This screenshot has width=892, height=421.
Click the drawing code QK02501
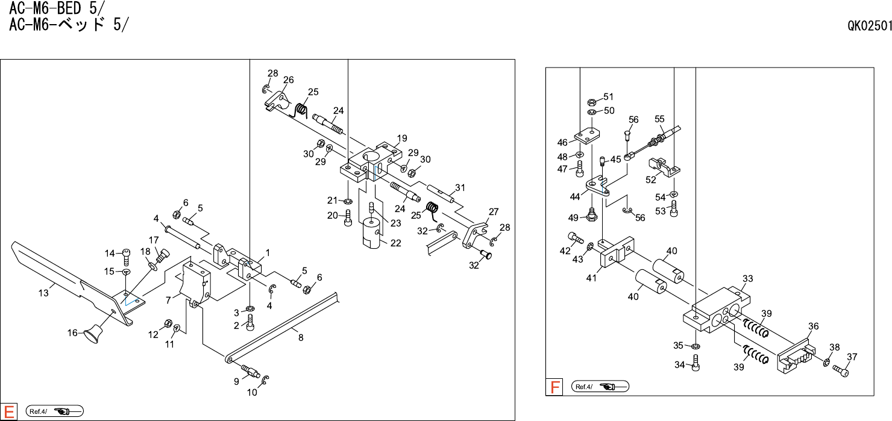tap(869, 26)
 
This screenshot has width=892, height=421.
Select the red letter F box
tap(554, 387)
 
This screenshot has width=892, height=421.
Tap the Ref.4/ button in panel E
tap(54, 411)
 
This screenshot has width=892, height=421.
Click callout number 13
tap(43, 293)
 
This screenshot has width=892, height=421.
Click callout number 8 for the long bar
tap(300, 338)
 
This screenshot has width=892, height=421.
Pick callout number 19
tap(402, 138)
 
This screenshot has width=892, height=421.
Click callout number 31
tap(460, 187)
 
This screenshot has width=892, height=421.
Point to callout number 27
tap(494, 211)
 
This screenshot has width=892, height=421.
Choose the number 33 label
tap(748, 278)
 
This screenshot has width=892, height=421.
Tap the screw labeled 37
tap(841, 370)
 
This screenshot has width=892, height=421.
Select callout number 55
tap(659, 119)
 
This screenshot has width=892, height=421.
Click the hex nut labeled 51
tap(592, 101)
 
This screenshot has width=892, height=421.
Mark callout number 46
tap(562, 143)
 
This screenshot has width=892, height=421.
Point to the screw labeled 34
tap(697, 363)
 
